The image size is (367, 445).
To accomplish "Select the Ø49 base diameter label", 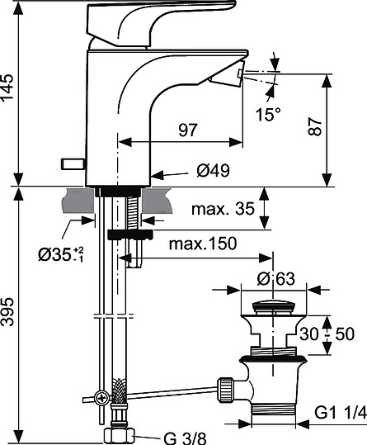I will coord(213,171).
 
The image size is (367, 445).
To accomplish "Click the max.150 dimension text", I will coord(203,244).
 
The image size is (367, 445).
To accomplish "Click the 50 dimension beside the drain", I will coord(346,334).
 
